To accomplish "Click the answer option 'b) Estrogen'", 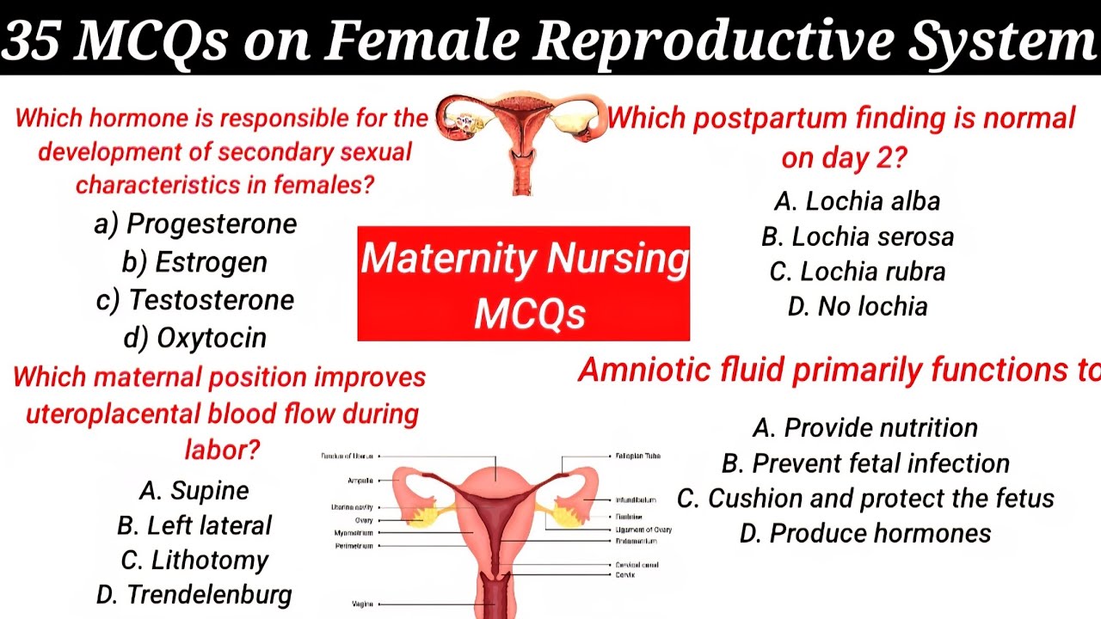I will coord(194,262).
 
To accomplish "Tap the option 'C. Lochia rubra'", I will coord(858,272).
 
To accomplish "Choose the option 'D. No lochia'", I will coord(858,307).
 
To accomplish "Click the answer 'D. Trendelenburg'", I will coord(194,594).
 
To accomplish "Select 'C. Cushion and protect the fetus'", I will coord(865,499).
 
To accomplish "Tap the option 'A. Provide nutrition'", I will coord(865,428).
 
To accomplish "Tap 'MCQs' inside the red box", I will coord(529,315).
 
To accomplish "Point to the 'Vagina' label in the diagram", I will coord(362,604).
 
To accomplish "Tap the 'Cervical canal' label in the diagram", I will coord(637,565).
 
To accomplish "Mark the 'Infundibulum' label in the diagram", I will coord(636,499).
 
